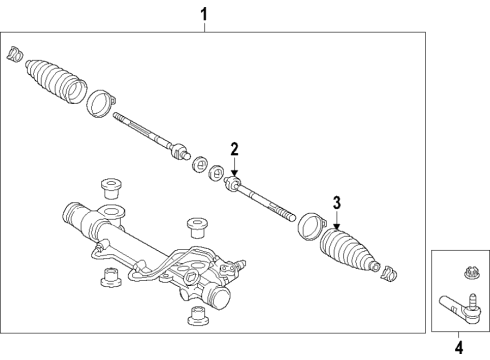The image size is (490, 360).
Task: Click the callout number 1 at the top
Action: click(x=204, y=15)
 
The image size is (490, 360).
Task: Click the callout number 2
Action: click(x=235, y=149)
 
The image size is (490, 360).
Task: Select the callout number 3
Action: click(x=337, y=203)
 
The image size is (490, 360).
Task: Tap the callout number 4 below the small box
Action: click(x=459, y=348)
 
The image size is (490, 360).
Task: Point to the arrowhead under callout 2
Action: click(x=235, y=173)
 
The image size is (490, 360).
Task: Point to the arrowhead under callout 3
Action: click(x=337, y=226)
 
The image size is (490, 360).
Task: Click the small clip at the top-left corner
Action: click(x=15, y=54)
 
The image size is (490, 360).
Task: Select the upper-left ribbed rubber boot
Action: click(x=56, y=81)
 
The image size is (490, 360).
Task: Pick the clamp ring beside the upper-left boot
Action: click(x=100, y=103)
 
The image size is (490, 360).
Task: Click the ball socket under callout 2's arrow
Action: click(x=232, y=184)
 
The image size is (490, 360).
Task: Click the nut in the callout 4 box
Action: click(x=470, y=274)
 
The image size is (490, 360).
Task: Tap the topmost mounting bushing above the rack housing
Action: click(x=111, y=189)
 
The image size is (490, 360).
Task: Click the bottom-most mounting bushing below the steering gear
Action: click(x=197, y=315)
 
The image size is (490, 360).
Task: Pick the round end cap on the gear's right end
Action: click(x=219, y=296)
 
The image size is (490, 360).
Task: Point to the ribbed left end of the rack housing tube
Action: click(x=71, y=214)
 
